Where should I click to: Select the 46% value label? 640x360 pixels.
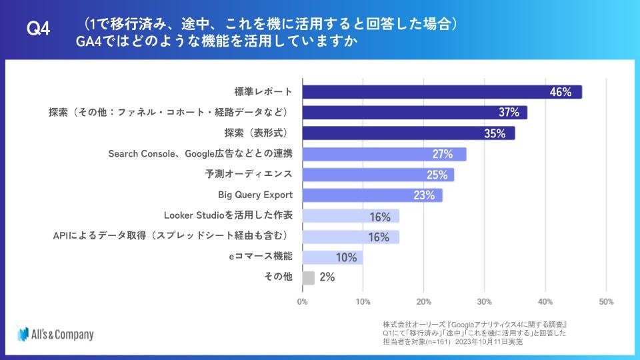(561, 92)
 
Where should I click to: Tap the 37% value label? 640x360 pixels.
(509, 113)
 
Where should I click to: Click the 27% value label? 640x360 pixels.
(443, 154)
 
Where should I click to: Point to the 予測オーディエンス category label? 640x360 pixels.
(249, 175)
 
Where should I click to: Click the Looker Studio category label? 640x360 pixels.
(228, 216)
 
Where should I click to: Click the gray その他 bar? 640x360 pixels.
(308, 278)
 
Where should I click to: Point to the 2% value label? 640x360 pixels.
(327, 278)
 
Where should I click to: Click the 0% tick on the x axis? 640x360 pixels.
(302, 301)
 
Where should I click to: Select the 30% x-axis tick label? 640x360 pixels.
(485, 301)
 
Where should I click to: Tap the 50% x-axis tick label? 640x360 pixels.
(606, 301)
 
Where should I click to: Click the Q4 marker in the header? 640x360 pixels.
(39, 29)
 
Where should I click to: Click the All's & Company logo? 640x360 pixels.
(56, 334)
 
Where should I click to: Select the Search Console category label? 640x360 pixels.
(200, 154)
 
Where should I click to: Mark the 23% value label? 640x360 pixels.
(424, 195)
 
